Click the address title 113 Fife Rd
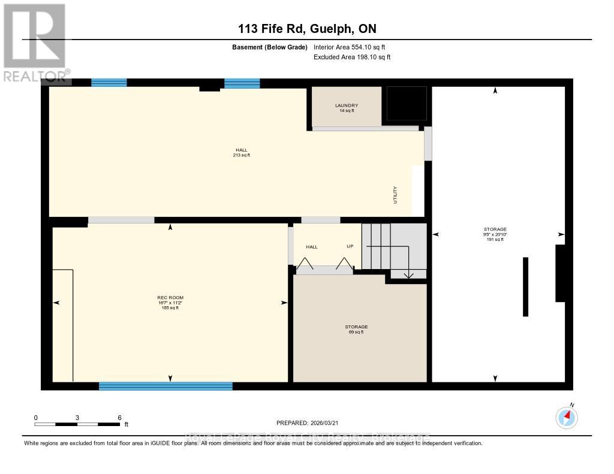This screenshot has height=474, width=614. click(x=306, y=28)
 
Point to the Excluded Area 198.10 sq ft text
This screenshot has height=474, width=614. click(x=352, y=57)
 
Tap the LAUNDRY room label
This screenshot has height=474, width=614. click(x=346, y=108)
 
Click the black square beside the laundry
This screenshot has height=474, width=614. click(x=406, y=104)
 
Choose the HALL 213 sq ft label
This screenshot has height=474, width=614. click(x=241, y=153)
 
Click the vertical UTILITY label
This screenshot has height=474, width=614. click(x=395, y=195)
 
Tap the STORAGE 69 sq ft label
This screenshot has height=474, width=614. click(x=356, y=329)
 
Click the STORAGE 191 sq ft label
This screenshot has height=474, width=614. click(x=495, y=234)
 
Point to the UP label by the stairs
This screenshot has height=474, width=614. click(x=350, y=246)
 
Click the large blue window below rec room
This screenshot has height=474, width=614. click(x=165, y=386)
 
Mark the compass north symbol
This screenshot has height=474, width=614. click(x=567, y=417)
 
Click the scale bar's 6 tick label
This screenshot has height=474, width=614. click(x=119, y=418)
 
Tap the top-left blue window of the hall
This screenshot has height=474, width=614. click(x=109, y=83)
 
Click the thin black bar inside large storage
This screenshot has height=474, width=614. click(x=525, y=286)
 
